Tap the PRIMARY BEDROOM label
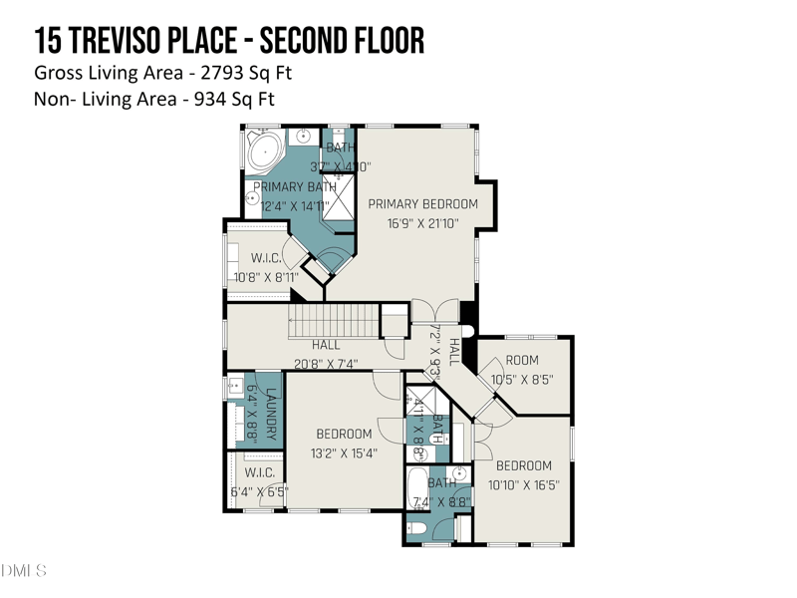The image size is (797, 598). tap(422, 203)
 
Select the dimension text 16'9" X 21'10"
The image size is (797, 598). tap(422, 223)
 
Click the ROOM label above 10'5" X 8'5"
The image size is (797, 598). tap(521, 360)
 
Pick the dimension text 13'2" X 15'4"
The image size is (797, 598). tap(344, 453)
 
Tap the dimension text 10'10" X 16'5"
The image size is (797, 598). tap(523, 485)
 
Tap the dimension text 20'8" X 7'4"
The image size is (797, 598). tap(325, 364)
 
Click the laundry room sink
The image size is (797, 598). tap(236, 387)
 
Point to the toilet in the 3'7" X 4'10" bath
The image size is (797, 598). tap(339, 137)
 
